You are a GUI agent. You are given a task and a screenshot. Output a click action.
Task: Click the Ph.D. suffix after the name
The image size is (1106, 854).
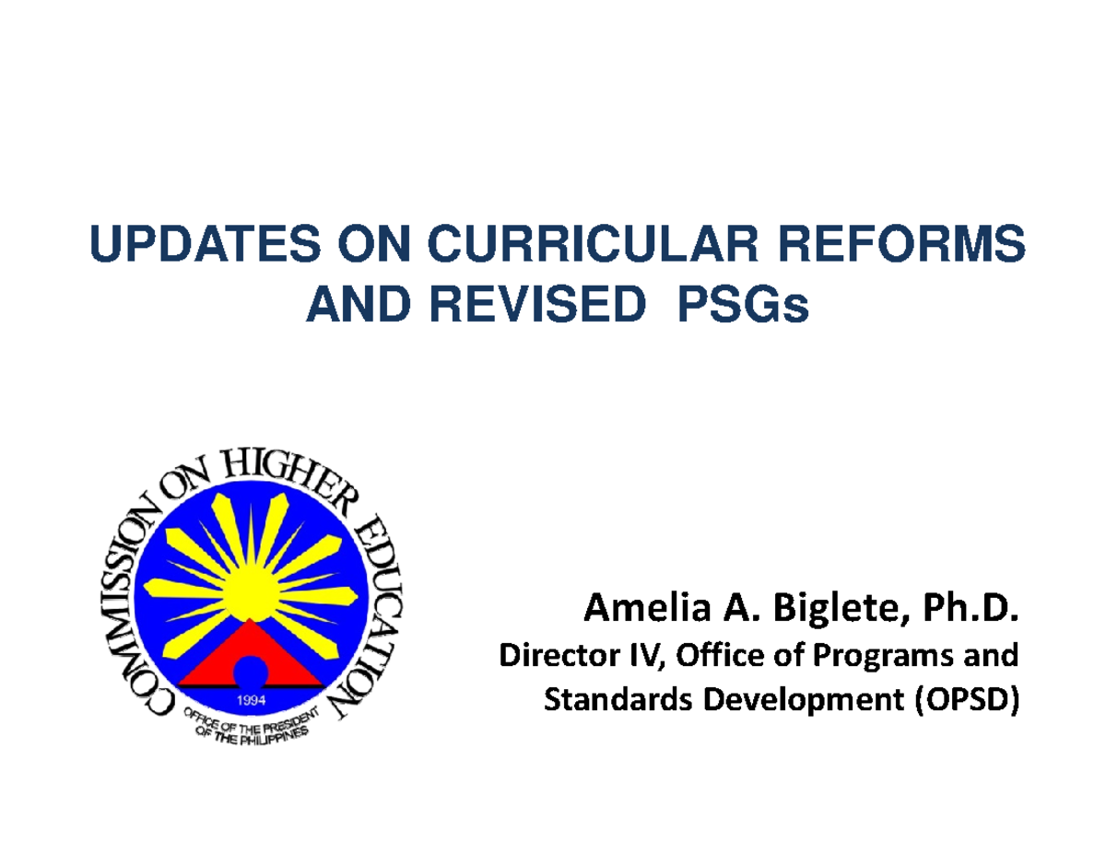959,610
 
